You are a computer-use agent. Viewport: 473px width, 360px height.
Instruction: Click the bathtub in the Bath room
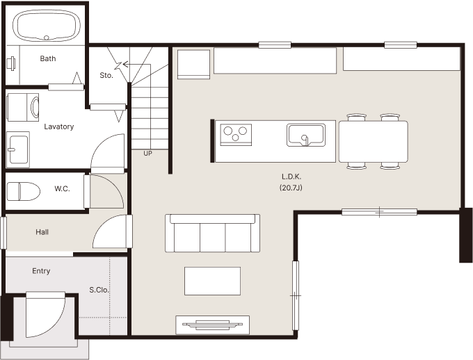pyautogui.click(x=47, y=26)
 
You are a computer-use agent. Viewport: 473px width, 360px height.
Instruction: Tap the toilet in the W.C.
pyautogui.click(x=24, y=191)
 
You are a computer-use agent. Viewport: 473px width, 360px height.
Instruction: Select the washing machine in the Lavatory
pyautogui.click(x=23, y=107)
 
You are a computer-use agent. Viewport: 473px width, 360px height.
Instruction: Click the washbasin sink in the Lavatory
pyautogui.click(x=18, y=149)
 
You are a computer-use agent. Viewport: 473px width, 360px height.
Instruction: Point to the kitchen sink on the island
pyautogui.click(x=306, y=135)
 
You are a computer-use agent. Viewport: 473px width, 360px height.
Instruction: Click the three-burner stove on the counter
pyautogui.click(x=236, y=134)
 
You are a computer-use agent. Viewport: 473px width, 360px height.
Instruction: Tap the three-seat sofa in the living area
pyautogui.click(x=212, y=233)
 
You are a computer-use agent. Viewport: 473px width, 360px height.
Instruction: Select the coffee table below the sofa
pyautogui.click(x=212, y=281)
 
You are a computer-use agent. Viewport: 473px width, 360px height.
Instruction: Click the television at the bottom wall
pyautogui.click(x=212, y=325)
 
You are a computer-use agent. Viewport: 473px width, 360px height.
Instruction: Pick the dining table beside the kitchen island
pyautogui.click(x=374, y=141)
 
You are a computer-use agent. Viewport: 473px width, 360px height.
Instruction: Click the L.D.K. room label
pyautogui.click(x=291, y=177)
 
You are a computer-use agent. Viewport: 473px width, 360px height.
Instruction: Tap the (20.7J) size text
pyautogui.click(x=291, y=188)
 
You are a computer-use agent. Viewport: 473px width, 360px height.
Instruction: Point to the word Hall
pyautogui.click(x=42, y=232)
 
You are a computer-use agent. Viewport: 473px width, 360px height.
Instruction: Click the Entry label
pyautogui.click(x=41, y=271)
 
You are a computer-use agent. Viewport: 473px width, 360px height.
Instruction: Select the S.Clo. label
pyautogui.click(x=99, y=290)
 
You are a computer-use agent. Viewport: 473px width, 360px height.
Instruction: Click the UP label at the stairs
pyautogui.click(x=147, y=154)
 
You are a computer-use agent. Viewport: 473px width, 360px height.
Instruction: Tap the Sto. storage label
pyautogui.click(x=106, y=75)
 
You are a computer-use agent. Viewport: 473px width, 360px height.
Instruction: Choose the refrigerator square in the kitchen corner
pyautogui.click(x=193, y=65)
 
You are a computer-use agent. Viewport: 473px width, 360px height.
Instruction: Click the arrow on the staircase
pyautogui.click(x=136, y=64)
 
